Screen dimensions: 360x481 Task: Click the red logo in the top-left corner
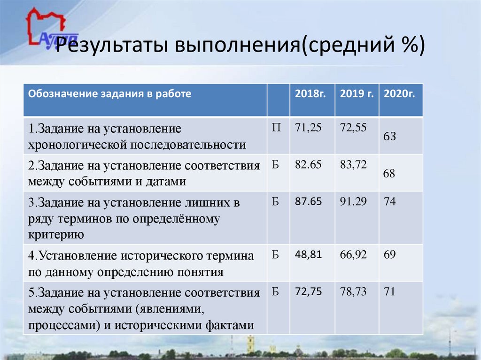46,27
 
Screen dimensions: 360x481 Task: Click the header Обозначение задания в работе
109,93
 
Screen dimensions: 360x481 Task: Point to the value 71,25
308,127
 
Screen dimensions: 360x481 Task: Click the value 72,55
354,127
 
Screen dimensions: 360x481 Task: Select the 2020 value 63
389,137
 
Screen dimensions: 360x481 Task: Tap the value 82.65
308,164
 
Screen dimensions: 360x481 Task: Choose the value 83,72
354,164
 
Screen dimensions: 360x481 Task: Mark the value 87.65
308,202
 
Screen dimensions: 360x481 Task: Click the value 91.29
354,202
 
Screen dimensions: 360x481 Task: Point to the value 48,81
308,255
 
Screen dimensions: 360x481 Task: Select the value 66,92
354,255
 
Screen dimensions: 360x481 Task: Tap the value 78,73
354,292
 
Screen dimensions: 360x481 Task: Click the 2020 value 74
389,202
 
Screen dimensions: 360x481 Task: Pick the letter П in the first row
277,128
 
